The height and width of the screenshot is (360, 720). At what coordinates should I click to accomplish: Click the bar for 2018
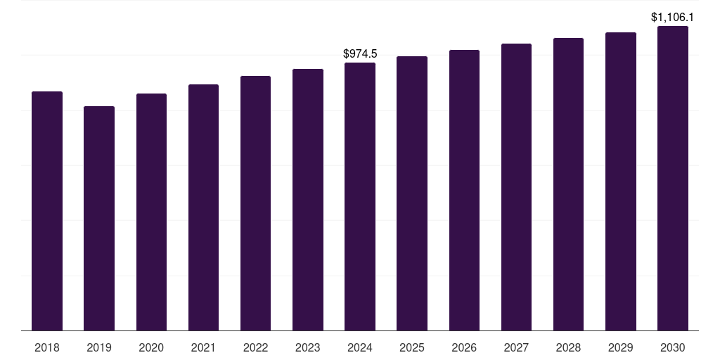47,211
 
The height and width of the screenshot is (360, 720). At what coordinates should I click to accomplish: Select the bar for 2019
99,218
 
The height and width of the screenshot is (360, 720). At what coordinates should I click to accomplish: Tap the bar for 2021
203,207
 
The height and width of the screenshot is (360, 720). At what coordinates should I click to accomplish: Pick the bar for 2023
308,200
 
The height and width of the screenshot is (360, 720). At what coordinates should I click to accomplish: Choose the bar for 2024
360,197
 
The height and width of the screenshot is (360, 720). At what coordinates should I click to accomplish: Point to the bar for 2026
464,190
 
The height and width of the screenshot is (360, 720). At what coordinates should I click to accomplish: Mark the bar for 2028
568,184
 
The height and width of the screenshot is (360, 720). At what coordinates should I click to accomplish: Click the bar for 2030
673,179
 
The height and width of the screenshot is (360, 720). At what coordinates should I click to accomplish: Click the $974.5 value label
360,53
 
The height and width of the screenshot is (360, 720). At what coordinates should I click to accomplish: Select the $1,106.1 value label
673,17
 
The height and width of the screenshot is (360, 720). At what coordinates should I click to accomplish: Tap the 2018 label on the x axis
47,347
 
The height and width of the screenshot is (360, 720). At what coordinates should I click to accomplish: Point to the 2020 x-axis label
151,347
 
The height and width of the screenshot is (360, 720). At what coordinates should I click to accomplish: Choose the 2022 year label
255,347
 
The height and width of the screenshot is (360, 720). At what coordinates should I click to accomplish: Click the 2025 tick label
412,347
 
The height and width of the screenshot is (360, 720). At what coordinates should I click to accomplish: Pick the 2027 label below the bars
516,347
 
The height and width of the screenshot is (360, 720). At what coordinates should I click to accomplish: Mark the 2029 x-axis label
620,347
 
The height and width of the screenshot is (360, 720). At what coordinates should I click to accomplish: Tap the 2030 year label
673,347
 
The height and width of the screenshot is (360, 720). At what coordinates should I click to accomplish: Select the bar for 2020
151,212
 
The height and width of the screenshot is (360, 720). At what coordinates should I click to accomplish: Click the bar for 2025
412,193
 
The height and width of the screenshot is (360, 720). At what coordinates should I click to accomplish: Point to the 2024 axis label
360,347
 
